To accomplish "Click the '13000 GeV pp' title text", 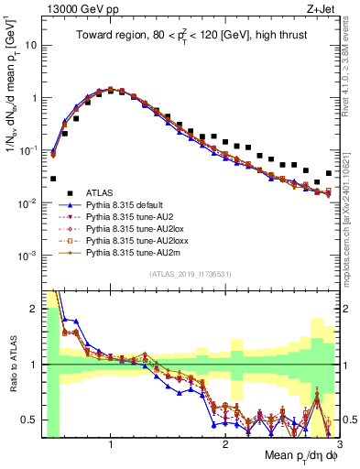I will (x=76, y=9).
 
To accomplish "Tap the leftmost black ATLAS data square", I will (x=53, y=180).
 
